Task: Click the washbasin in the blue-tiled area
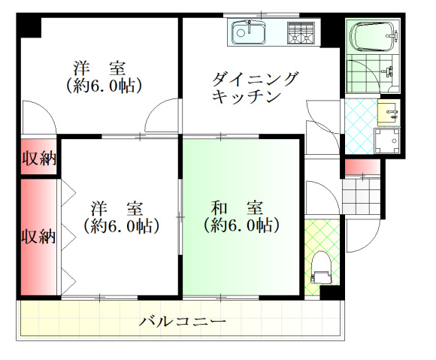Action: click(388, 113)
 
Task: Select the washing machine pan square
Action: click(387, 141)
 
